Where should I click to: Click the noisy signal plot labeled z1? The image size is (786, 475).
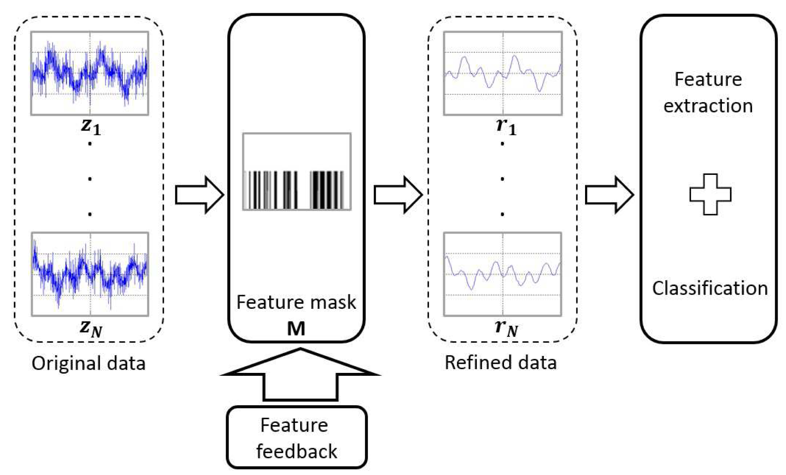[90, 73]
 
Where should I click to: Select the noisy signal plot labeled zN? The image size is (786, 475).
[90, 274]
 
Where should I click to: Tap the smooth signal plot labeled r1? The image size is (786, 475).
[503, 73]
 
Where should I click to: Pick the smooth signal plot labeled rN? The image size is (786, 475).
[503, 274]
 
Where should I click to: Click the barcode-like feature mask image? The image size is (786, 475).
[297, 172]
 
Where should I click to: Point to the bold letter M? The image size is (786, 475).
[296, 329]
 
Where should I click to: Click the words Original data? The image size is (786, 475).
[88, 363]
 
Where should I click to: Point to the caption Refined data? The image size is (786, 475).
[500, 363]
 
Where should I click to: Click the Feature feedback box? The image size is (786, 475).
[296, 437]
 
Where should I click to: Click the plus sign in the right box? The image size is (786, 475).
[710, 194]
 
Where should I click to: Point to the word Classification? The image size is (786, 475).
[710, 288]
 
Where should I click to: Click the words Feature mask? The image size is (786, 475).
[296, 302]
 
